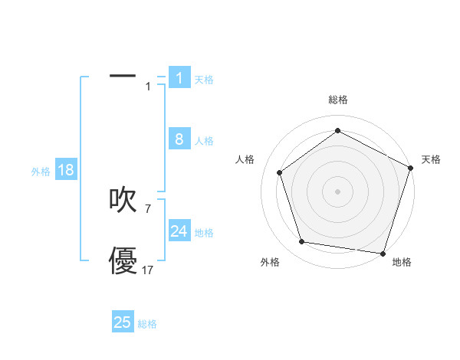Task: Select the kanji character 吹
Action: [123, 200]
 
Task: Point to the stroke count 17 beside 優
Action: [147, 270]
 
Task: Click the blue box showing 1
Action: [179, 78]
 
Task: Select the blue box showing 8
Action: [179, 139]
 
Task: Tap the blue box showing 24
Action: [179, 231]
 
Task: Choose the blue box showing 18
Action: [66, 170]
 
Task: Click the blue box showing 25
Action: [123, 322]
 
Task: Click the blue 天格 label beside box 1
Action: [204, 79]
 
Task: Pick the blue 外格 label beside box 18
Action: [41, 172]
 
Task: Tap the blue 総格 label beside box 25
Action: [147, 324]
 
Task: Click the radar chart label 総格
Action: [338, 100]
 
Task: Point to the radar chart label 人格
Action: [245, 159]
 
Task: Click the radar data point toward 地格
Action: [383, 253]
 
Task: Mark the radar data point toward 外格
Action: [302, 242]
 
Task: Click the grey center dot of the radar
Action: [338, 191]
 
